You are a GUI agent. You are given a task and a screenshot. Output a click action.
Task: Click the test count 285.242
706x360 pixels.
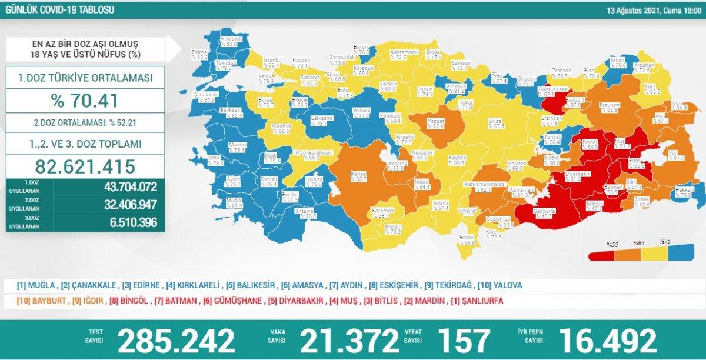[177, 339]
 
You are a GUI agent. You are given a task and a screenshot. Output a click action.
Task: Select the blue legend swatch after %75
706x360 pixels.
[682, 255]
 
